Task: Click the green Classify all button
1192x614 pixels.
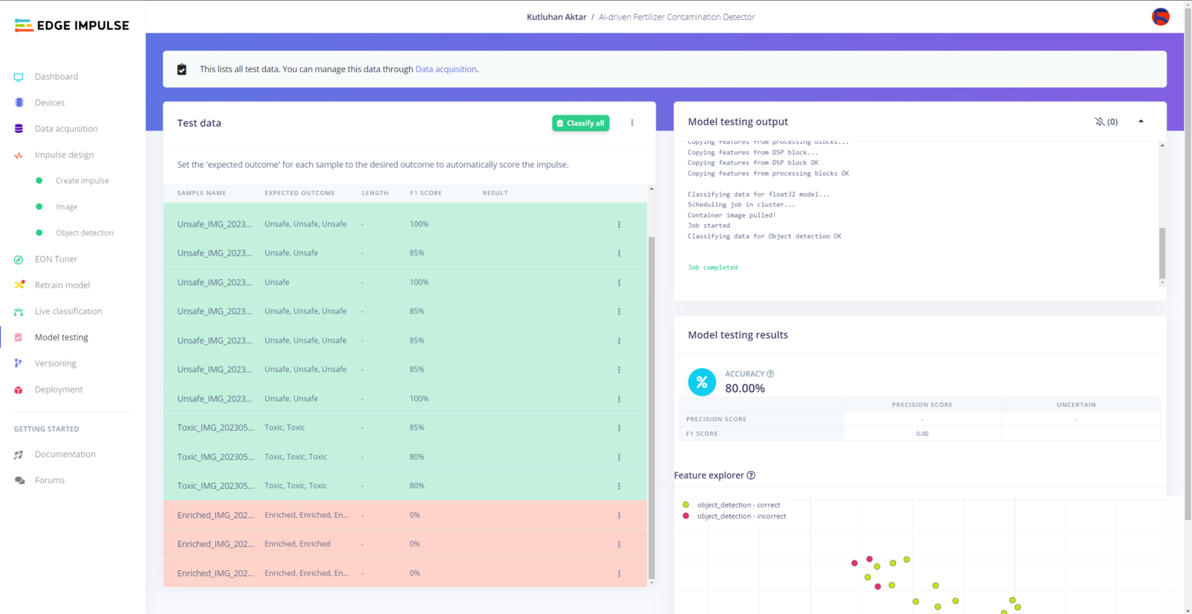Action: pos(580,123)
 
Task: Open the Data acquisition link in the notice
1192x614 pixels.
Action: pos(446,69)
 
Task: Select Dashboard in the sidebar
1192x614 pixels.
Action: pos(56,77)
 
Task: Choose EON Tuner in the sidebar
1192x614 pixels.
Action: pos(56,259)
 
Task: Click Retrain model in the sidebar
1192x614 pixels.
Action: pos(62,285)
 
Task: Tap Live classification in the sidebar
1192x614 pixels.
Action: pos(68,311)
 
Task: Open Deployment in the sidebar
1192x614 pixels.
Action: pos(58,390)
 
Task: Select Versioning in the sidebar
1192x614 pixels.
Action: pos(55,364)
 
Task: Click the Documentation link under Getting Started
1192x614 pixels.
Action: pos(65,455)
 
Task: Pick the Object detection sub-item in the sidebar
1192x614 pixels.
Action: pos(84,233)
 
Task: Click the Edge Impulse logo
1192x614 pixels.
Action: pos(72,25)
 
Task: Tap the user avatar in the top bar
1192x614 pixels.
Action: pos(1160,16)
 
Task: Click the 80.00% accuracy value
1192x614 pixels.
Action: pos(745,388)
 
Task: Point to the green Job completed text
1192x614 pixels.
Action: pos(713,268)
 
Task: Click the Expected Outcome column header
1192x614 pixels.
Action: pos(299,193)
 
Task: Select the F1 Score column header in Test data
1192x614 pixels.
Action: pos(425,193)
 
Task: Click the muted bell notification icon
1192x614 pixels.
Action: pos(1100,121)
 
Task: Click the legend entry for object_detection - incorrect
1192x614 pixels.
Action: pos(741,516)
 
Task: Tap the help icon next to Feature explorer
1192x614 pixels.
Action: pos(751,475)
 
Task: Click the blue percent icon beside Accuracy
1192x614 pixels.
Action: pos(702,382)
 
